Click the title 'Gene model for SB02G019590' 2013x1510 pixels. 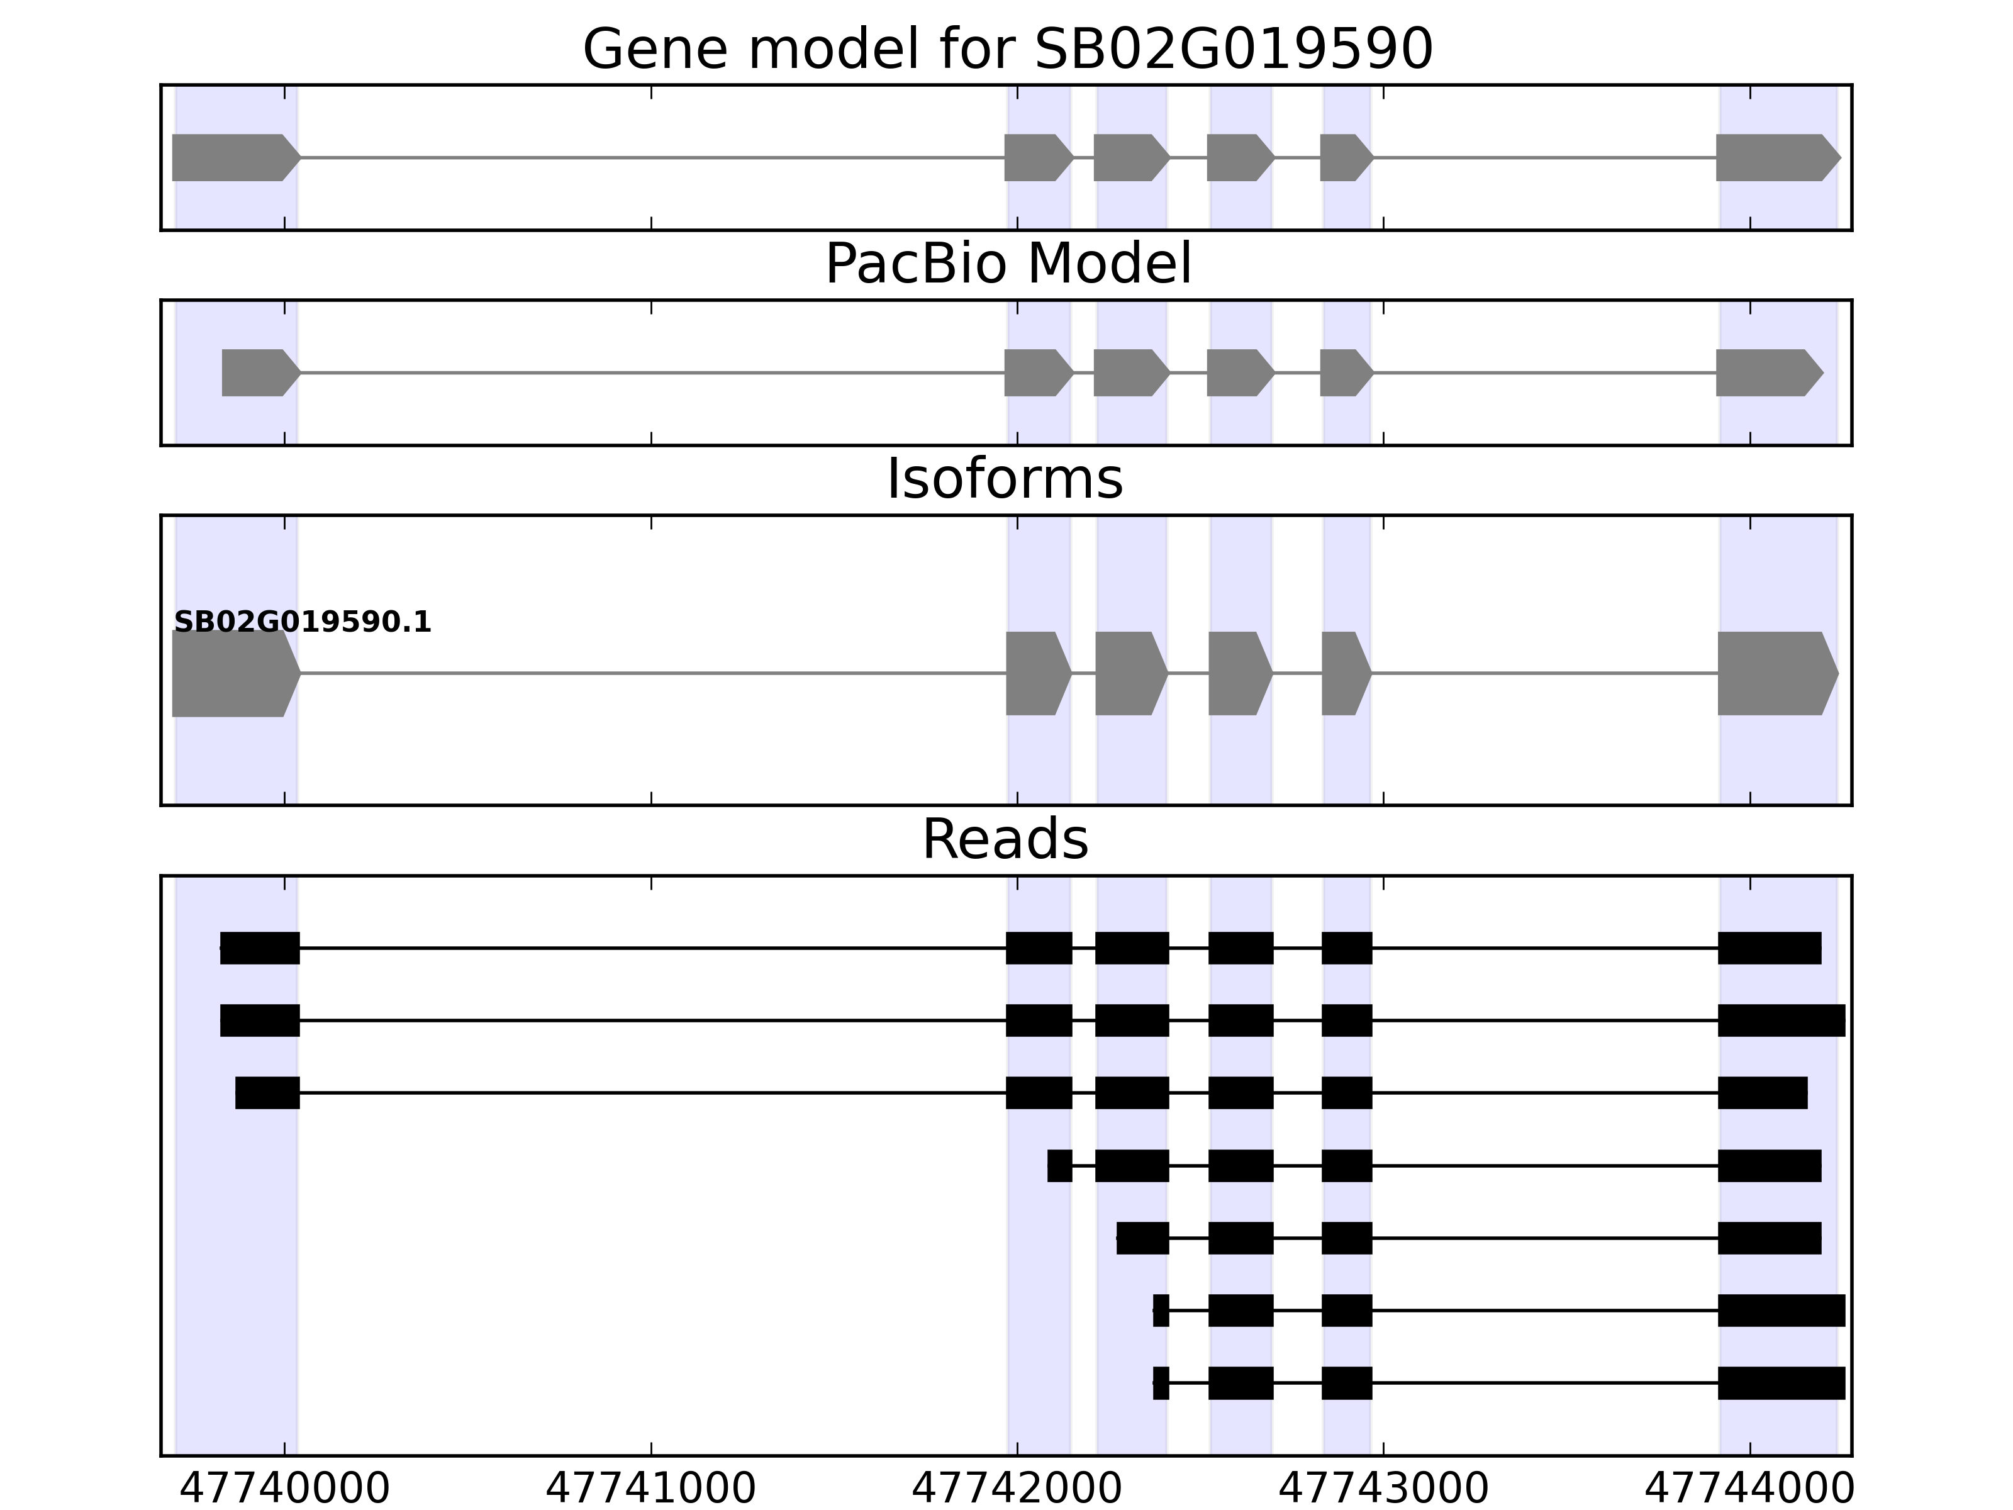[x=1006, y=49]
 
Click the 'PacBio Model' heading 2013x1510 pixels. [x=1006, y=264]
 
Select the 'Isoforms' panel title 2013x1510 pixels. [x=1004, y=479]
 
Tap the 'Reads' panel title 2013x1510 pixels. [x=1004, y=839]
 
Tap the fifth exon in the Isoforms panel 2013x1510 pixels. [x=1345, y=674]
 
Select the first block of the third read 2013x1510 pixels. [x=267, y=1092]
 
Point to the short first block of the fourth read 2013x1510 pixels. [x=1059, y=1165]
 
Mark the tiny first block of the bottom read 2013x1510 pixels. [x=1160, y=1382]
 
